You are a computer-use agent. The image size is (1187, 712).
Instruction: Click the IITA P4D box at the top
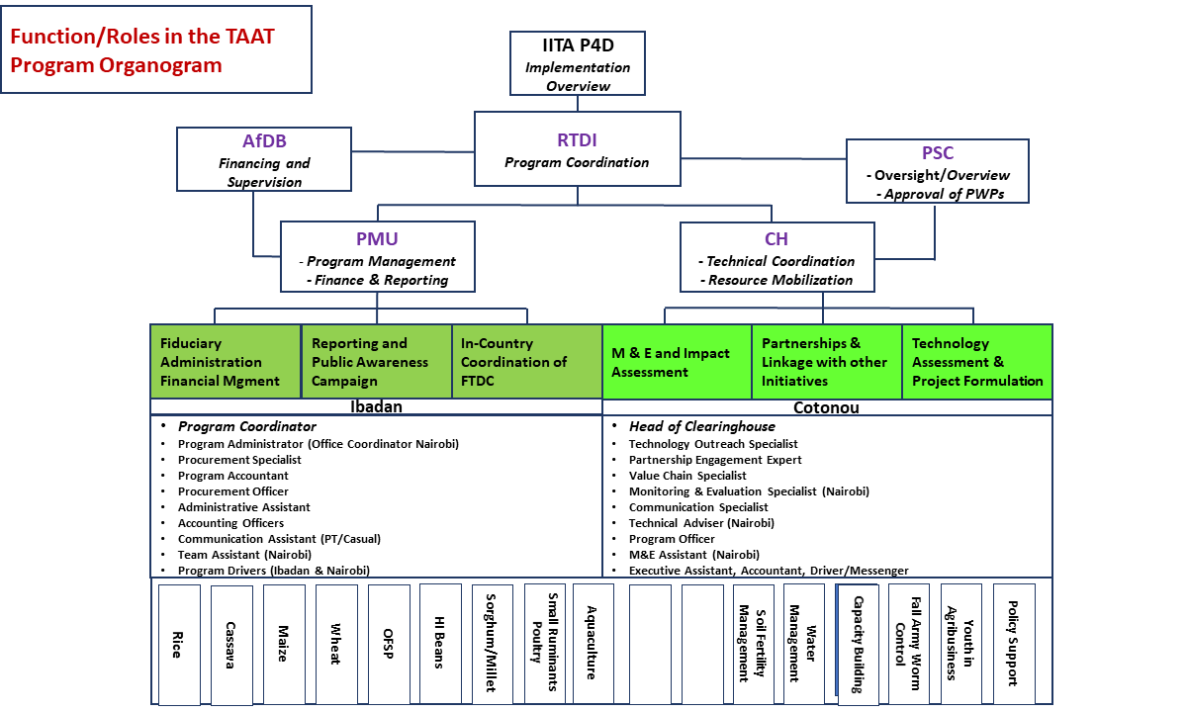tap(579, 64)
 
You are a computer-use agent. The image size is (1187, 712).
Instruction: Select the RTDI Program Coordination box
tap(578, 148)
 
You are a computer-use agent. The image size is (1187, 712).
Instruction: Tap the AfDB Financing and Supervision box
tap(264, 159)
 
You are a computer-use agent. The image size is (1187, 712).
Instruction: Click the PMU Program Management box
tap(377, 256)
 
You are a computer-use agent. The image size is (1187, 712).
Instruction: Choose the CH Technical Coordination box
tap(776, 256)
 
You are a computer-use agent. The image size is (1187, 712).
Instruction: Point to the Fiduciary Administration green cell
tap(225, 362)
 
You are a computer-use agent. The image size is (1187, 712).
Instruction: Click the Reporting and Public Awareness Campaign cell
tap(376, 362)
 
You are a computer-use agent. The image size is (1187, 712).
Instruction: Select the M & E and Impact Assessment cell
tap(677, 362)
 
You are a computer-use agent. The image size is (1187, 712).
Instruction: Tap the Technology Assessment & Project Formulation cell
tap(977, 362)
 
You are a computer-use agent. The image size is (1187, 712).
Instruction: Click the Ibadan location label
tap(376, 406)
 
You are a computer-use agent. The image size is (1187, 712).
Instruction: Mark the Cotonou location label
tap(827, 406)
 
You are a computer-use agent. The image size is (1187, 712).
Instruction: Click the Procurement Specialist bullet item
tap(239, 460)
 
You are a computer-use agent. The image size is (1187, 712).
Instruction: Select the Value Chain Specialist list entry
tap(687, 476)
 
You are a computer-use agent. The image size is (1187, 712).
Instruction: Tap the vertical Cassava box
tap(230, 644)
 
